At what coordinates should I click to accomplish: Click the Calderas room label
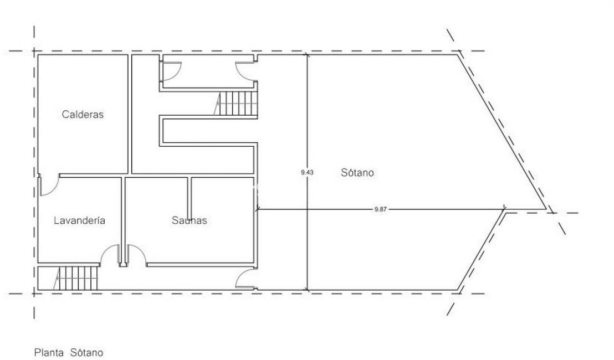click(83, 114)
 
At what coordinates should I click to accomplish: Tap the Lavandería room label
click(79, 220)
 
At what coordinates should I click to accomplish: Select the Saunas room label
click(189, 220)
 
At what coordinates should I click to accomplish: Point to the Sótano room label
click(357, 173)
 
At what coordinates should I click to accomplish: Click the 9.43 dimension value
click(307, 172)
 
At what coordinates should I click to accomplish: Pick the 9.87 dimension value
click(380, 209)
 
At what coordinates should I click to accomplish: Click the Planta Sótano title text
click(69, 353)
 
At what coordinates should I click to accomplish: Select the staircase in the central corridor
click(236, 104)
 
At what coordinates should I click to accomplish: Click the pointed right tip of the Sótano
click(546, 209)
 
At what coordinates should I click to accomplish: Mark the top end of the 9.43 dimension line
click(307, 54)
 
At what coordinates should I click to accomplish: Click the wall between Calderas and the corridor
click(130, 114)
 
